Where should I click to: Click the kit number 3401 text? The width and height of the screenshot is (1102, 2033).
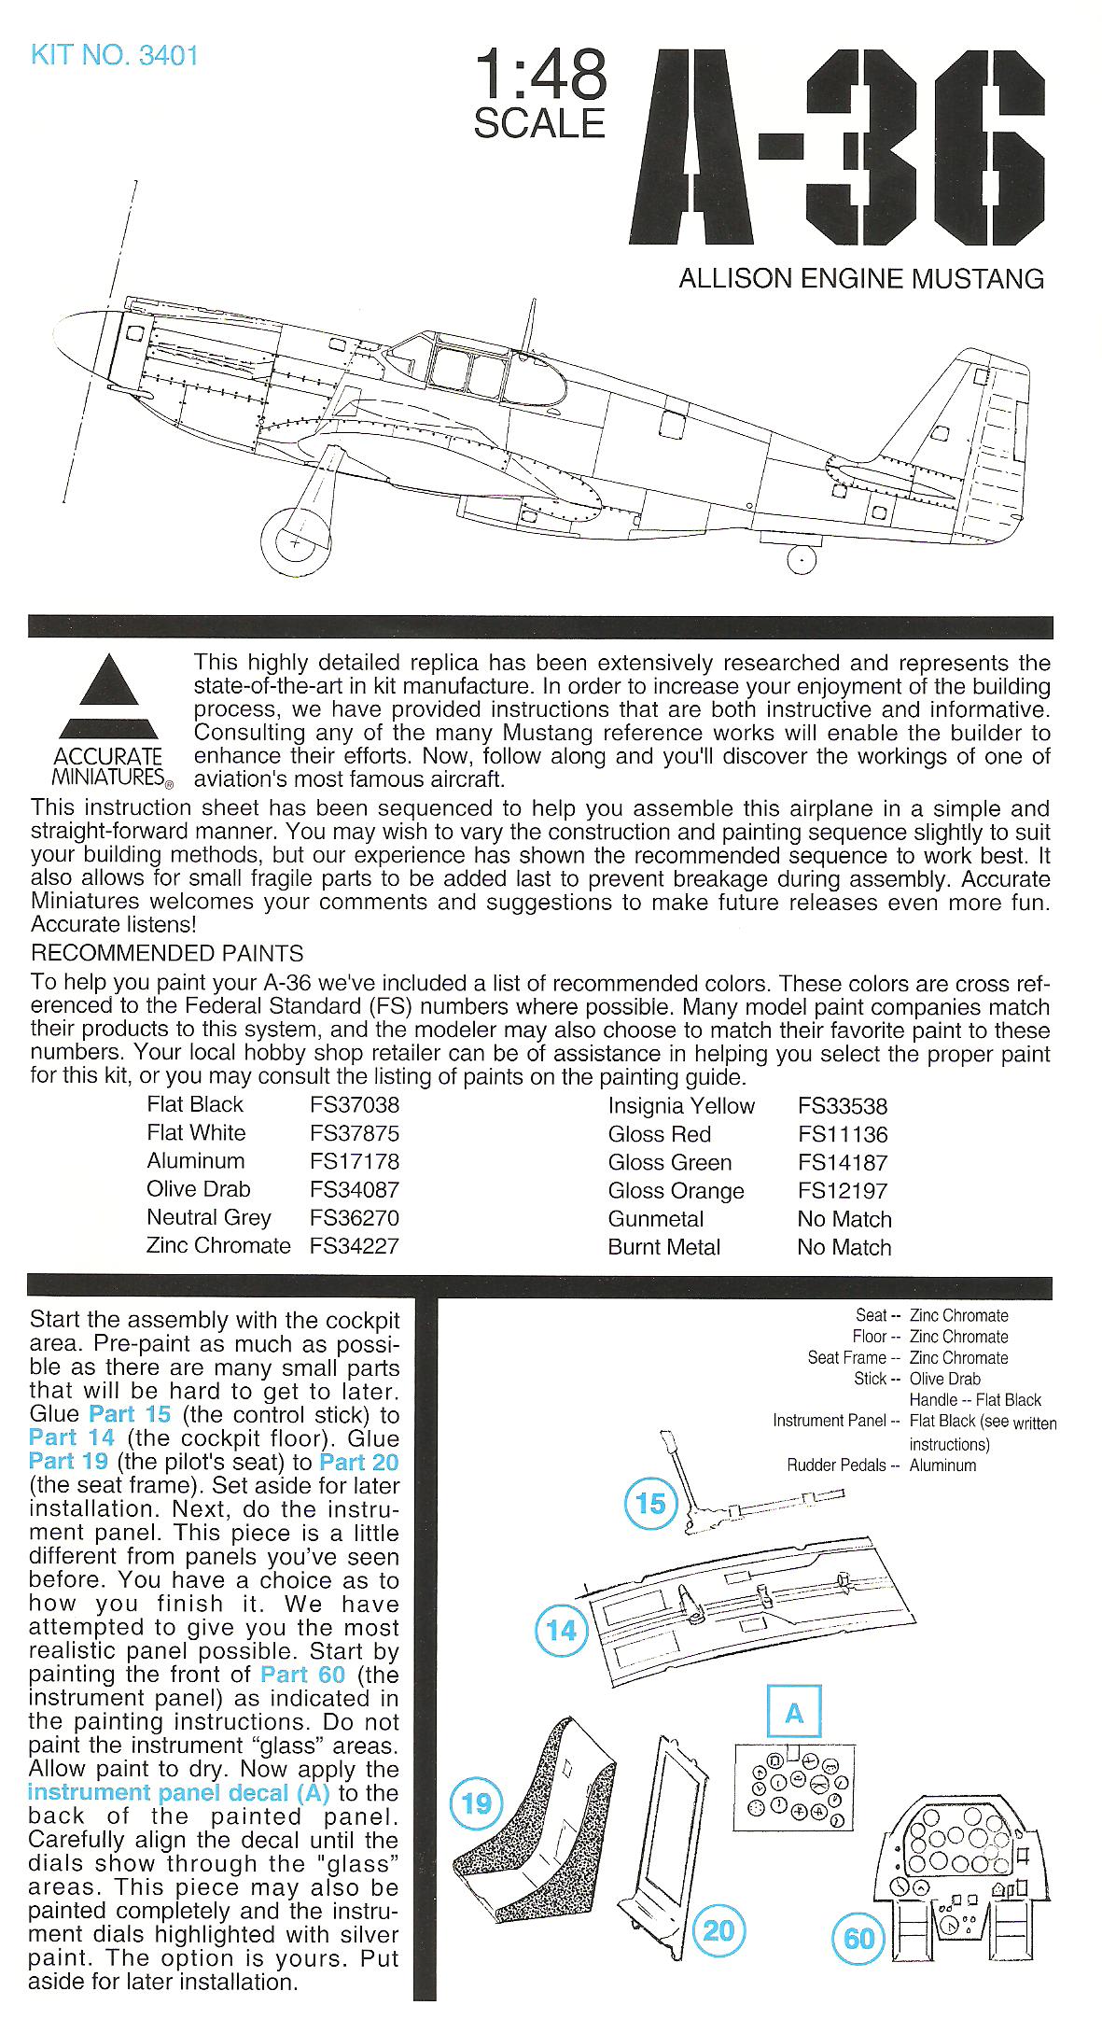coord(114,55)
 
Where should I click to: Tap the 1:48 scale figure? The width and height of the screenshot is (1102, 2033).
coord(540,76)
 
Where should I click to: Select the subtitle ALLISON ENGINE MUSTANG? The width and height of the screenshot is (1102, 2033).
coord(860,278)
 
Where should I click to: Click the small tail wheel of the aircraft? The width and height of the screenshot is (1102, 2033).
coord(800,559)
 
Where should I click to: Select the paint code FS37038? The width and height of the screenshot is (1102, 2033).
coord(355,1104)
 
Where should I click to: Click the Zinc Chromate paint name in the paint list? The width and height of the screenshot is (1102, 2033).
coord(218,1245)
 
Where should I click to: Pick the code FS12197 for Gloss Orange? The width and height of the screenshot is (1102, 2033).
coord(843,1190)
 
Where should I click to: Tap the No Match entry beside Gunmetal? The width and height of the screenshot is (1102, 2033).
coord(844,1219)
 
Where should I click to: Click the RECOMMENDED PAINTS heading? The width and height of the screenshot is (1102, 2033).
coord(167,953)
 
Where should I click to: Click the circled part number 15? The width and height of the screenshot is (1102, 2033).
coord(649,1504)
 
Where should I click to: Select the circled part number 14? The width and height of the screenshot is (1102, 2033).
coord(562,1630)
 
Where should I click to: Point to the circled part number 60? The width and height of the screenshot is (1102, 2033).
coord(858,1939)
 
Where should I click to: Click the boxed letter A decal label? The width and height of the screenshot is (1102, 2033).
coord(794,1714)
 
